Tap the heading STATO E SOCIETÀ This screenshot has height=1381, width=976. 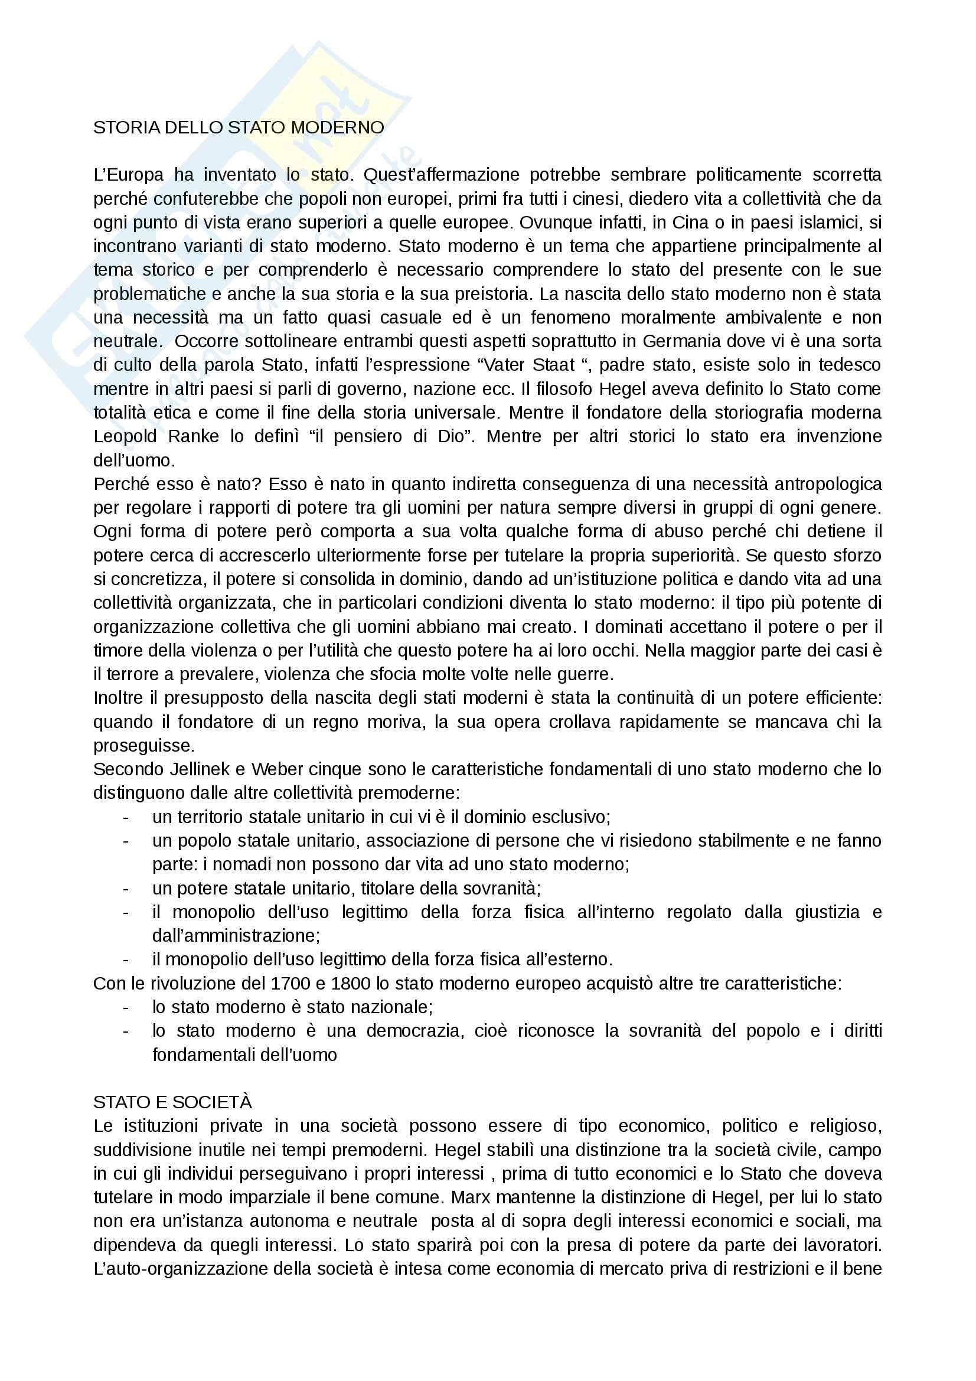coord(172,1102)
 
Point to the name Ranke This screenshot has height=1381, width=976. coord(194,437)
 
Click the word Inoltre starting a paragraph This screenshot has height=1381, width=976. coord(119,698)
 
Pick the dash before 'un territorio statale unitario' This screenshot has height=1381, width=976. coord(126,817)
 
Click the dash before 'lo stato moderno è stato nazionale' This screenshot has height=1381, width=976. coord(126,1007)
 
